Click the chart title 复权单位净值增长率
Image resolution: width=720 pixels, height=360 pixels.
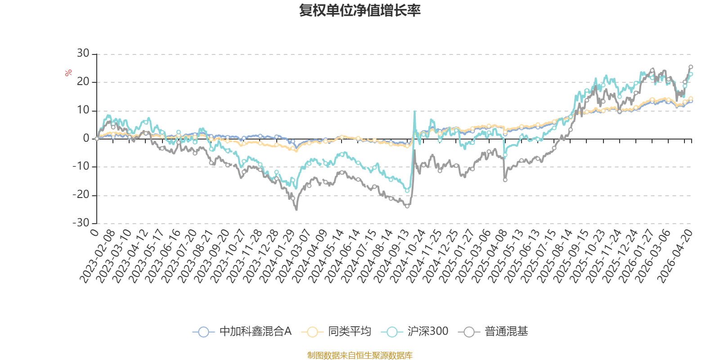tap(360, 10)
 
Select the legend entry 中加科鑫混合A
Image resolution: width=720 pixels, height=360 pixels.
tap(242, 331)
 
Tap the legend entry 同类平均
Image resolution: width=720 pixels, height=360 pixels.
tap(336, 331)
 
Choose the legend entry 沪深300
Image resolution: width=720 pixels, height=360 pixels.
tap(414, 331)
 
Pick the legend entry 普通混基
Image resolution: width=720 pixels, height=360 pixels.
tap(493, 331)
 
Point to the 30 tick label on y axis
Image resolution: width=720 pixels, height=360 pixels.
tap(83, 54)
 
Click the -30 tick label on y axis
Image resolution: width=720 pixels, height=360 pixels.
tap(81, 223)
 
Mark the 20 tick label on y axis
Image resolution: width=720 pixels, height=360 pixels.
tap(83, 81)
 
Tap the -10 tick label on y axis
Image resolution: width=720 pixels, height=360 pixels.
tap(81, 166)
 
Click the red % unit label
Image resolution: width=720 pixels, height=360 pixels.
tap(68, 73)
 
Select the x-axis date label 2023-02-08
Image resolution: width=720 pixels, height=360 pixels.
tap(97, 256)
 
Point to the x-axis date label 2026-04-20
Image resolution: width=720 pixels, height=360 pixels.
tap(675, 256)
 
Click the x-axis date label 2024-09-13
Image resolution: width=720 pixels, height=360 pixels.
tap(391, 256)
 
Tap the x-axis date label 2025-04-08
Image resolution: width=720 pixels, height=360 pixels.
tap(489, 256)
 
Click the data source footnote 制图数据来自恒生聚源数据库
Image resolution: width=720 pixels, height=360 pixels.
tap(360, 355)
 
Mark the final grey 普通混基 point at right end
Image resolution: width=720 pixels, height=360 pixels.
tap(690, 67)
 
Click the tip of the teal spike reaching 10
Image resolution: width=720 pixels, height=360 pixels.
tap(414, 111)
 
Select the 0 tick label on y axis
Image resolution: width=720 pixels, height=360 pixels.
tap(86, 138)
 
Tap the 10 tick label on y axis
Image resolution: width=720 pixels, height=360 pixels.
tap(83, 110)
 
